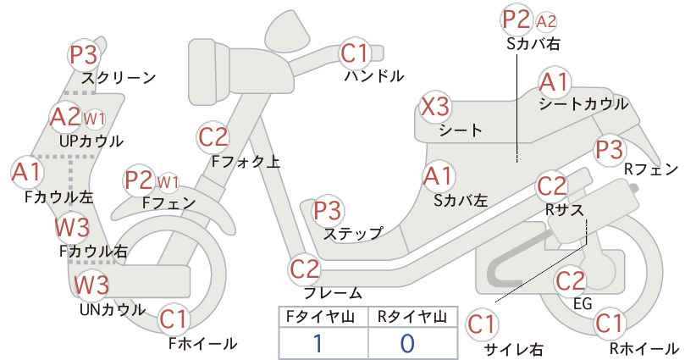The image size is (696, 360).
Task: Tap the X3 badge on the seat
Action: (x=435, y=107)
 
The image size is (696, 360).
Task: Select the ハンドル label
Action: (x=374, y=76)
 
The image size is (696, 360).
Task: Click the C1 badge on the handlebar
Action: (x=354, y=53)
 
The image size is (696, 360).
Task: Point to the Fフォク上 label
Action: (x=246, y=161)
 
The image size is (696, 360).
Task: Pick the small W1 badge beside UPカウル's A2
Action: (x=94, y=119)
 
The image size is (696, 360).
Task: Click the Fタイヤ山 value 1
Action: (x=318, y=343)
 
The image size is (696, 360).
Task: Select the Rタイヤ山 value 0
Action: (x=407, y=343)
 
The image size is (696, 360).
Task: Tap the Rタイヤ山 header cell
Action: (x=413, y=317)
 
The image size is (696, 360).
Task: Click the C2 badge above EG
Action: (x=571, y=280)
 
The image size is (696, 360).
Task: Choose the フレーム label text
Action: (x=333, y=292)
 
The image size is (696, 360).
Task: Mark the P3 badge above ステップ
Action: (x=328, y=210)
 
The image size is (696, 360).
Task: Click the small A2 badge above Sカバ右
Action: (x=546, y=21)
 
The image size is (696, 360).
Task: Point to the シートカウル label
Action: (x=583, y=104)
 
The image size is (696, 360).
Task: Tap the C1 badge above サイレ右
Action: (x=482, y=324)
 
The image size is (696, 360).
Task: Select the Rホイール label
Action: (x=644, y=348)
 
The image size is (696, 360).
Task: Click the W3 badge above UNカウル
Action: (x=91, y=285)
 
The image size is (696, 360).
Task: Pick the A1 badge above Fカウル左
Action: (x=26, y=172)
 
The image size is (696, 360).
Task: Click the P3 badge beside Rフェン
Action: (x=609, y=150)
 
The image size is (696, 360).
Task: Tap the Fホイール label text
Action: (x=203, y=343)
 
